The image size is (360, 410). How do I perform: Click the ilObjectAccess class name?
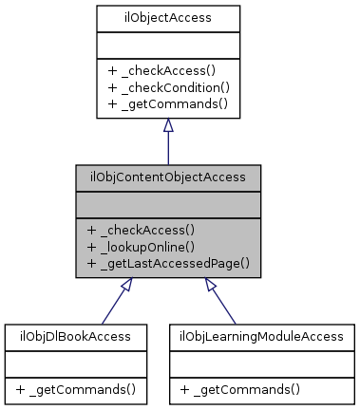pos(167,17)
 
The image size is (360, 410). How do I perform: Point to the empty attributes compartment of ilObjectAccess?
pos(167,44)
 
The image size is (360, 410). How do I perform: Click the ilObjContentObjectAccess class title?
pos(167,177)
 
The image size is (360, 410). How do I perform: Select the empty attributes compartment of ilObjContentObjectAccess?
pos(167,203)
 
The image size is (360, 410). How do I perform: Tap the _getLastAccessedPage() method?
pos(167,260)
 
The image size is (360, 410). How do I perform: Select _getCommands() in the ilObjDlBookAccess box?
pos(68,389)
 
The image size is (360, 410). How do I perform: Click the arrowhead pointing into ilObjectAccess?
pos(167,125)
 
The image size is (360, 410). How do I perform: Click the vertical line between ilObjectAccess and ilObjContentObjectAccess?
pos(167,149)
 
